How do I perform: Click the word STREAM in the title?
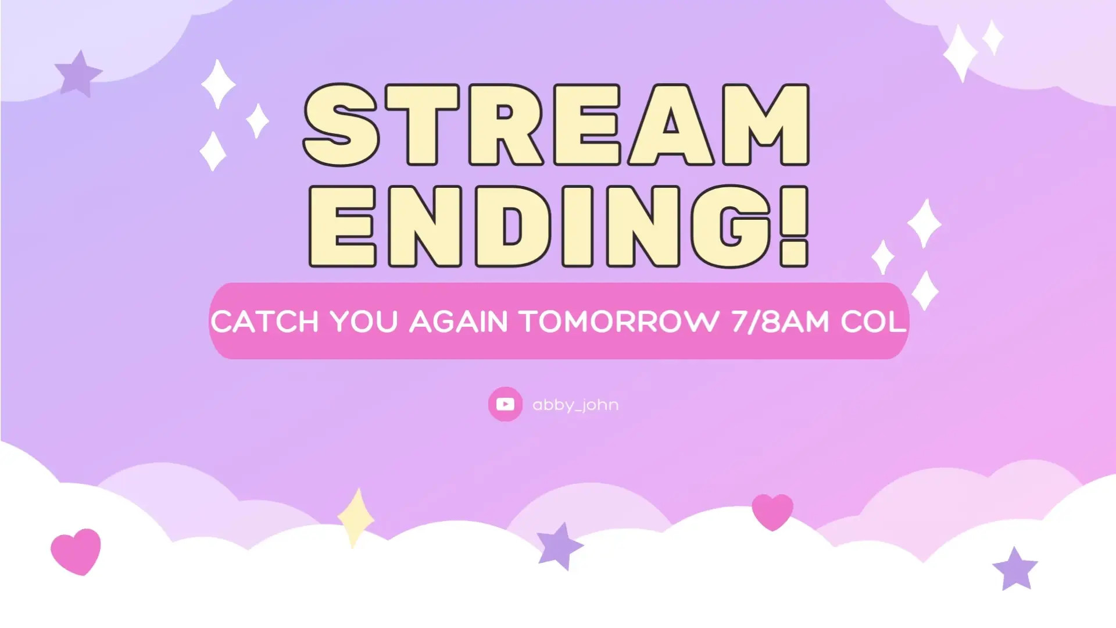(556, 125)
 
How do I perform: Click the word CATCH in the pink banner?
(264, 322)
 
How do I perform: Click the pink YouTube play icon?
(505, 404)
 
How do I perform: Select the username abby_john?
(575, 405)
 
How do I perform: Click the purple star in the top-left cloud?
(78, 73)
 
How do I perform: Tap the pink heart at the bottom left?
(76, 551)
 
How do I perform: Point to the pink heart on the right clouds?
(772, 511)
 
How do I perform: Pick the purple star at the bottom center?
(559, 546)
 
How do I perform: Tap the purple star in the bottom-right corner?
(1015, 568)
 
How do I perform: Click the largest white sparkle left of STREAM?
(218, 84)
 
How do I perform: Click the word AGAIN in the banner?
(459, 322)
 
